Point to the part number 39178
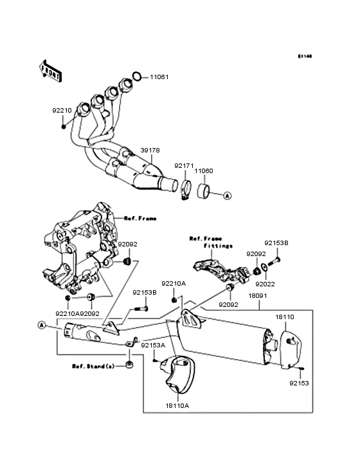pyautogui.click(x=150, y=149)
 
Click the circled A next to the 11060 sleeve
pyautogui.click(x=228, y=194)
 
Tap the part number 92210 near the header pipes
pyautogui.click(x=62, y=110)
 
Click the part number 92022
pyautogui.click(x=265, y=282)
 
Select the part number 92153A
pyautogui.click(x=153, y=346)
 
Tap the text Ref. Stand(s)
pyautogui.click(x=94, y=366)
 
